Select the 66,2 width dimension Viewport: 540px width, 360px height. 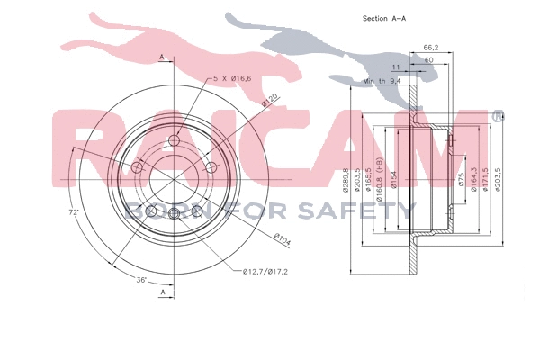(430, 47)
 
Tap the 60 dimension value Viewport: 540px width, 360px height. (428, 59)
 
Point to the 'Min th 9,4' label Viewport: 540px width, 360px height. (381, 81)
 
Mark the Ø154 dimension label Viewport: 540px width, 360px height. (392, 181)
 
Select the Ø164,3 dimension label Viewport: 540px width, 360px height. (472, 181)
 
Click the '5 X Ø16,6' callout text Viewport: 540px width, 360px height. (232, 80)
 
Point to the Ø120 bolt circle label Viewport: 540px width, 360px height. (268, 101)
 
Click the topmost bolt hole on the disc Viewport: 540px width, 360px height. (174, 139)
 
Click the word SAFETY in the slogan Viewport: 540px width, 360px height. (360, 211)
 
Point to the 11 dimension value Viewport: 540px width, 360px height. (395, 67)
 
